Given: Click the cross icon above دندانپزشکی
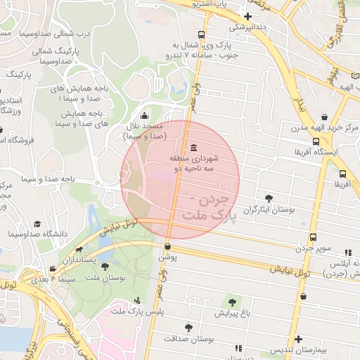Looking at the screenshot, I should pos(247,15).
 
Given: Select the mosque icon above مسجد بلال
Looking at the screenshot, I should pos(144,116).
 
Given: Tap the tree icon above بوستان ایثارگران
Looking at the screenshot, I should pos(269,198).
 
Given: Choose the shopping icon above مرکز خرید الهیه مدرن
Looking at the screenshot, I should pos(323,117).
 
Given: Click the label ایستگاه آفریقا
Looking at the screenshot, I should pos(316,151).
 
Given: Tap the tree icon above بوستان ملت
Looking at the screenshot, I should pos(105,266).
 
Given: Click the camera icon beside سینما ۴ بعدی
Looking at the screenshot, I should pos(53,269).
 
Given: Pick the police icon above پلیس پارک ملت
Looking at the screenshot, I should pos(136,300).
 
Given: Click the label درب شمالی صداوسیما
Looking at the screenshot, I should pos(55,33).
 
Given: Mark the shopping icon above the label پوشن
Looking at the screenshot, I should pos(167,246).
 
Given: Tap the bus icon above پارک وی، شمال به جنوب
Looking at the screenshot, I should pos(202,34).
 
